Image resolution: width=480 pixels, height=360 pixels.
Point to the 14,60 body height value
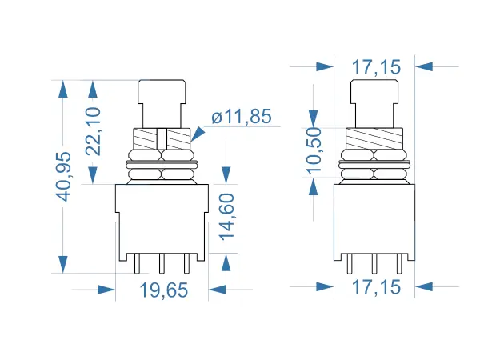[x=227, y=218]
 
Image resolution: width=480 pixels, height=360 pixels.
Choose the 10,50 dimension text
[x=313, y=149]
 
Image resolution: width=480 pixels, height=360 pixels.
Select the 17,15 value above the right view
[x=374, y=67]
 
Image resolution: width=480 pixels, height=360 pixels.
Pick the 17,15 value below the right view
[x=374, y=286]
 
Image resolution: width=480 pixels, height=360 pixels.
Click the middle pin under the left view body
[x=162, y=263]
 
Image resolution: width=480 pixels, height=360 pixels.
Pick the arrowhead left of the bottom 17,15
[x=324, y=286]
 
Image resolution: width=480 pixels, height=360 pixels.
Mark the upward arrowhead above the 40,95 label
[x=63, y=89]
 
